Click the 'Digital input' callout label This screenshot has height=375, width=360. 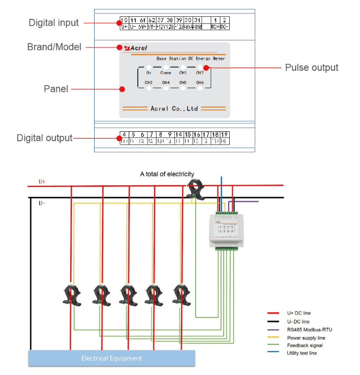click(53, 23)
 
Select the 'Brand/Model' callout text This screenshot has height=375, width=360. click(54, 48)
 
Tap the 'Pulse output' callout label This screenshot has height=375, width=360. click(311, 68)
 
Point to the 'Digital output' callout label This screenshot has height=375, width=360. click(45, 138)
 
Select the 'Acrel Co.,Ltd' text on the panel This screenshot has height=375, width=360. click(174, 108)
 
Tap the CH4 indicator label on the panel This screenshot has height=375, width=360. click(165, 83)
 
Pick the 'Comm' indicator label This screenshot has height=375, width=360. click(165, 73)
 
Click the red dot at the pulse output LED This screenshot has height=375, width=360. click(206, 68)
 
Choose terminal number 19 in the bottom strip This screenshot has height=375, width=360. click(224, 134)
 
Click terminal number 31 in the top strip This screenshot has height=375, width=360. click(197, 20)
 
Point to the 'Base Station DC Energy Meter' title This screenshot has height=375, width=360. click(191, 58)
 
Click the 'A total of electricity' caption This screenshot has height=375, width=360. click(167, 174)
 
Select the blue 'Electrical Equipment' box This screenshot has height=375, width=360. click(111, 358)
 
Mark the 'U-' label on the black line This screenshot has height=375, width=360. click(43, 203)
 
